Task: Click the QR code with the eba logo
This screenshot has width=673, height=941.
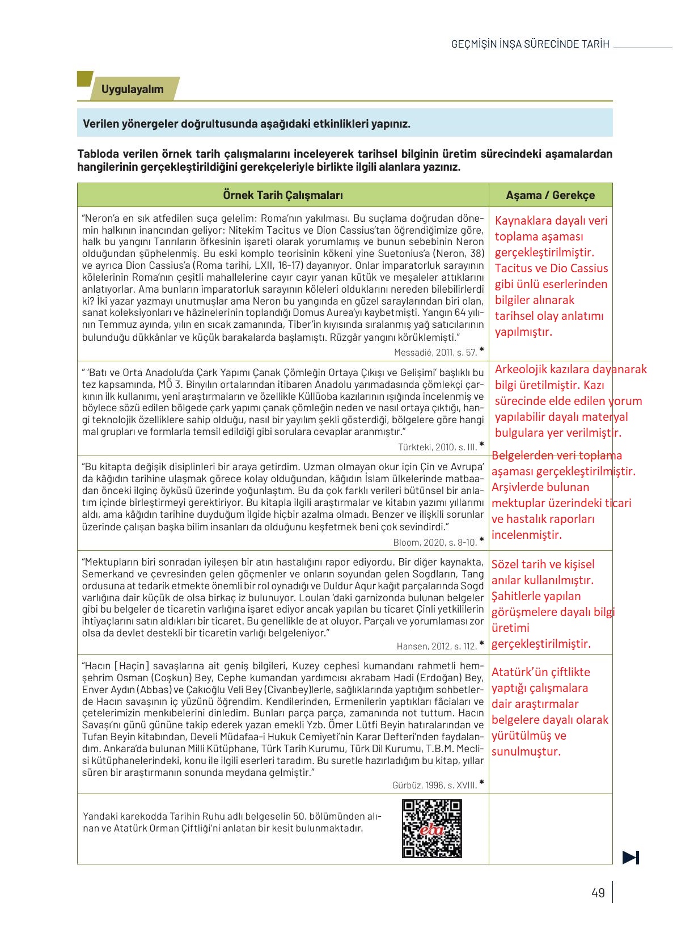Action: point(431,828)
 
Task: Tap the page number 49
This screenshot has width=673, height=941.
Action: point(598,893)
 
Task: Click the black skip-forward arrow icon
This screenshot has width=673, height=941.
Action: point(630,858)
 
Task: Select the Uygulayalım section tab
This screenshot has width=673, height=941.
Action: point(133,89)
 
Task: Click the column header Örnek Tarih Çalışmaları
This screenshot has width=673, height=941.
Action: point(282,195)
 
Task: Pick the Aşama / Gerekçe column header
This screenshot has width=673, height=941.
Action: point(550,195)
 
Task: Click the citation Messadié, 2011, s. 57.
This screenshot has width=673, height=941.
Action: point(435,352)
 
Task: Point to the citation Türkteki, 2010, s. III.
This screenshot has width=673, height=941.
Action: point(437,447)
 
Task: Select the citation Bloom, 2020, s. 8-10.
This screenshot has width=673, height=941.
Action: point(435,542)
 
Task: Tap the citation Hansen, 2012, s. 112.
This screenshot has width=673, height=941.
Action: point(437,646)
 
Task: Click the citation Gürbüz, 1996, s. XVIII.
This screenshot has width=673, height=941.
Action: point(434,786)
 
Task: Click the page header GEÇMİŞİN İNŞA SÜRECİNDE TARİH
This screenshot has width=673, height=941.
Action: point(530,44)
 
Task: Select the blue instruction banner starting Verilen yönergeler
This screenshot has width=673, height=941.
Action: point(344,124)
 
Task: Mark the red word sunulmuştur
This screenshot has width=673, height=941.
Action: point(526,752)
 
